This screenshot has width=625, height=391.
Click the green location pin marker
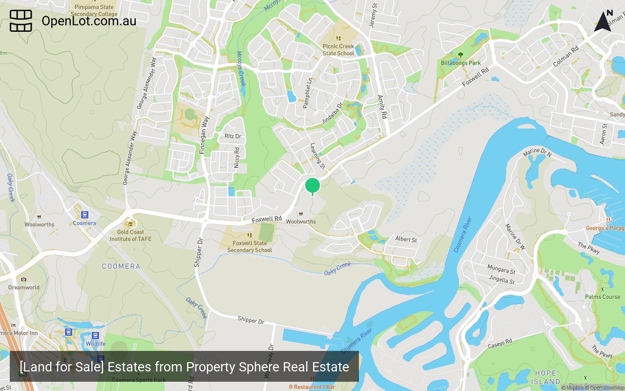(312, 186)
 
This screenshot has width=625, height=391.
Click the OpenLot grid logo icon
(21, 21)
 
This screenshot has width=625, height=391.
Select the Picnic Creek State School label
(338, 50)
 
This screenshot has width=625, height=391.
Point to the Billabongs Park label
(461, 63)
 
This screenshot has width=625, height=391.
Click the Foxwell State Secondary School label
(250, 246)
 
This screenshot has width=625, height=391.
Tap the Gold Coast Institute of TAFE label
(130, 236)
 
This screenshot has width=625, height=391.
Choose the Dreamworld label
(24, 287)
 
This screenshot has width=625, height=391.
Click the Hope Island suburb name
(545, 377)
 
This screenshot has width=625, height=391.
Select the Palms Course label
(603, 297)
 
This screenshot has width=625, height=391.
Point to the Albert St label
(406, 240)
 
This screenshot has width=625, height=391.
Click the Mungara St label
(501, 269)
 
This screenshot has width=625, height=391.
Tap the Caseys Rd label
(500, 344)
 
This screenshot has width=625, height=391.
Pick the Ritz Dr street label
(233, 136)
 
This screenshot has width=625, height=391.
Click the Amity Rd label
(382, 107)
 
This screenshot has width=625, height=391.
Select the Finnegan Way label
(205, 135)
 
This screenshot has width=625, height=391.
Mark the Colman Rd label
(565, 57)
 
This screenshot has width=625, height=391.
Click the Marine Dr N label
(537, 153)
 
